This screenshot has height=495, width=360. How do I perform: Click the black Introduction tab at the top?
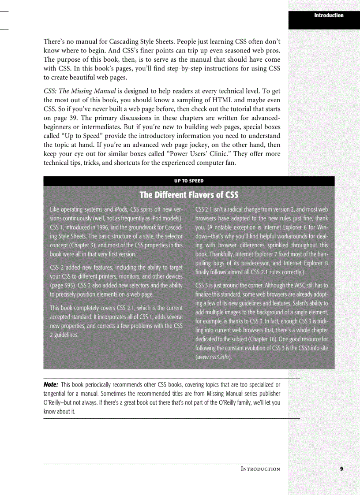click(328, 15)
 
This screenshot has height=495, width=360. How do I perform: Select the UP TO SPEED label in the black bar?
click(189, 181)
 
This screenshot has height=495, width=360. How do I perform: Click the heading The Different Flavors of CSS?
click(189, 195)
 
